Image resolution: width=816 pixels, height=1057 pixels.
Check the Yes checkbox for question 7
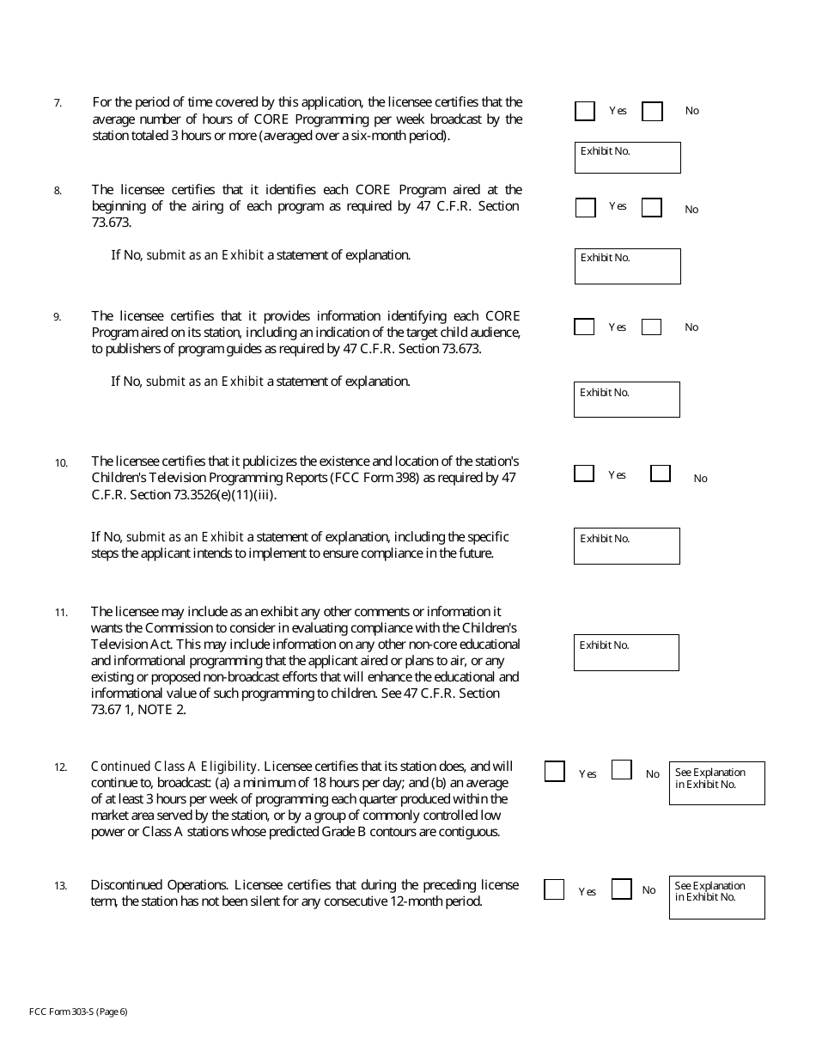point(585,111)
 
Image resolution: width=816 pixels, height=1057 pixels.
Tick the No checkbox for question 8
point(652,208)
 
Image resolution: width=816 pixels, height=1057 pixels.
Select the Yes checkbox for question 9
point(584,327)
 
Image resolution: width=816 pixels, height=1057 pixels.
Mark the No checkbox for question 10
point(660,474)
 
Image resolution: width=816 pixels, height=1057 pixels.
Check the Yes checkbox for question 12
point(555,772)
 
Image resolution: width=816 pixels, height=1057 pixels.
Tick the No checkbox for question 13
point(622,889)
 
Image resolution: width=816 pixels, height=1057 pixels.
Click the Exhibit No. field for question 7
point(627,158)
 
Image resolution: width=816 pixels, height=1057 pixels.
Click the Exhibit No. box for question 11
point(626,653)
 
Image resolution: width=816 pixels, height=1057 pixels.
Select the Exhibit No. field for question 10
point(626,547)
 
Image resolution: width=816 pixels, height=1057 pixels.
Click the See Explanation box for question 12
point(716,783)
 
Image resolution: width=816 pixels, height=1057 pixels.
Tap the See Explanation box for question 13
point(716,897)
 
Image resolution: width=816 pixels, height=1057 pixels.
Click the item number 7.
point(58,103)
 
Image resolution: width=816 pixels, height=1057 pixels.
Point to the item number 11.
point(61,613)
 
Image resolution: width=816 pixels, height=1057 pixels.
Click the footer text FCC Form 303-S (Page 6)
point(78,1011)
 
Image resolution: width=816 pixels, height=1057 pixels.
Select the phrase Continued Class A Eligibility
point(175,767)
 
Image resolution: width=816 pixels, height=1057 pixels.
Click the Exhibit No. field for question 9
point(626,400)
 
